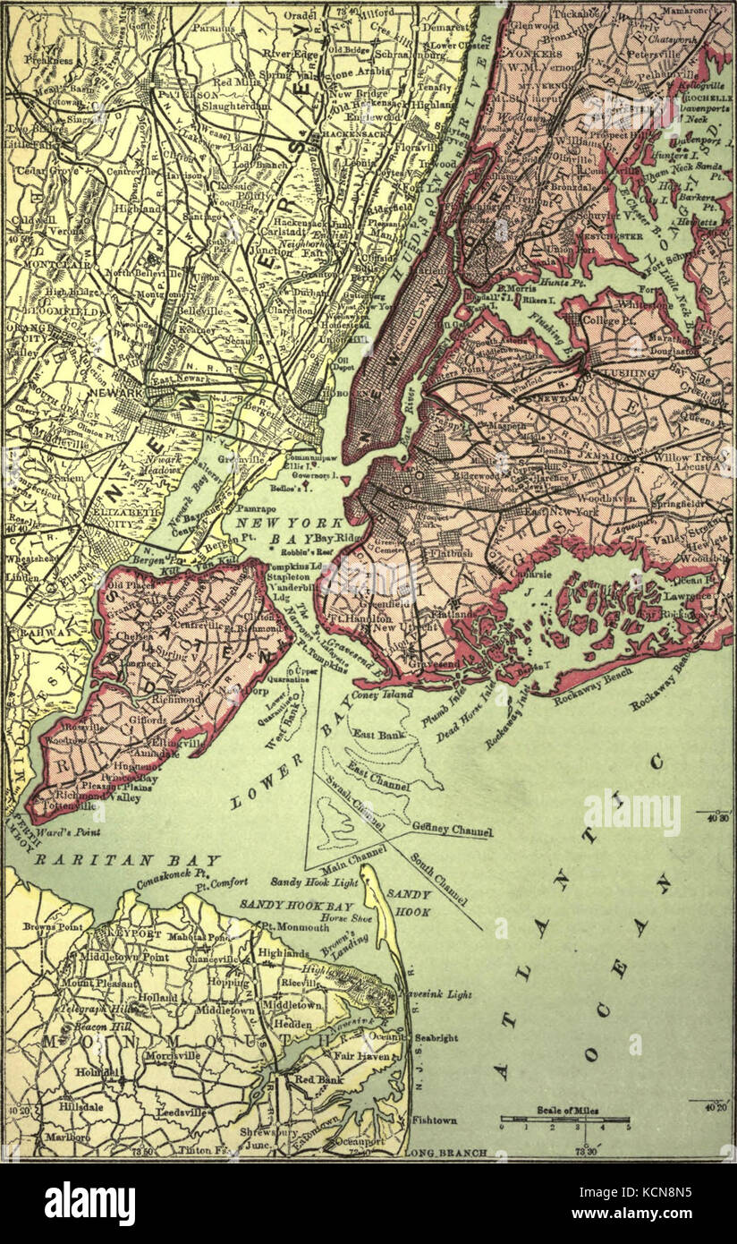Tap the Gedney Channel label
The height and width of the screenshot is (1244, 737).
point(453,830)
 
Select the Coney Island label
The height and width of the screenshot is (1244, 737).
point(383,694)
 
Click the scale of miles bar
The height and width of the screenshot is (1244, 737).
point(565,1120)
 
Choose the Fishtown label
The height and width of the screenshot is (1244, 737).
point(436,1120)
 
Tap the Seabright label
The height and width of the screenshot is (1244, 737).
point(436,1038)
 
